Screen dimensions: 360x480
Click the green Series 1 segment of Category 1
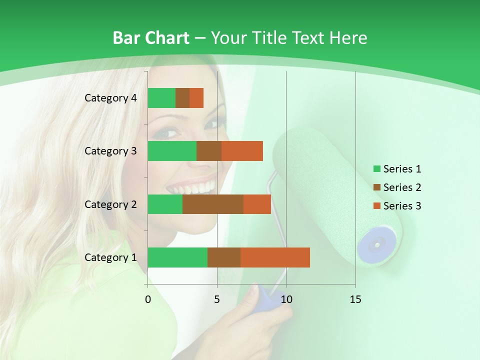click(x=177, y=257)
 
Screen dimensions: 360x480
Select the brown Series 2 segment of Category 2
click(x=213, y=204)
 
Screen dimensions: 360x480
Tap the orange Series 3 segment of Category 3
click(x=242, y=151)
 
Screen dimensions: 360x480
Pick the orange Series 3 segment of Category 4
click(x=196, y=98)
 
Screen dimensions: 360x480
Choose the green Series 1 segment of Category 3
click(x=172, y=151)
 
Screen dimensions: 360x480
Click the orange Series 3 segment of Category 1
click(x=275, y=257)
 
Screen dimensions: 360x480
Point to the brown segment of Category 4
click(x=182, y=98)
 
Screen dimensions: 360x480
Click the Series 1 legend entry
click(x=397, y=169)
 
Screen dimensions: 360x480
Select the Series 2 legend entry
click(x=397, y=187)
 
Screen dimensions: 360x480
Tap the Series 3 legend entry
click(x=397, y=206)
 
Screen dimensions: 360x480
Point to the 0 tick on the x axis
click(x=148, y=299)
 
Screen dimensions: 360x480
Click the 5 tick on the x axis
click(x=217, y=299)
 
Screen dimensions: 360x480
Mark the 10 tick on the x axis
click(x=286, y=299)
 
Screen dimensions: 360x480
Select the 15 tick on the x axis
click(x=355, y=299)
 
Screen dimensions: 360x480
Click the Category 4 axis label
click(x=110, y=98)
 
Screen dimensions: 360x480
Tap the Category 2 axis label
click(x=110, y=204)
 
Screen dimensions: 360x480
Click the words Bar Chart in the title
click(x=150, y=38)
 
